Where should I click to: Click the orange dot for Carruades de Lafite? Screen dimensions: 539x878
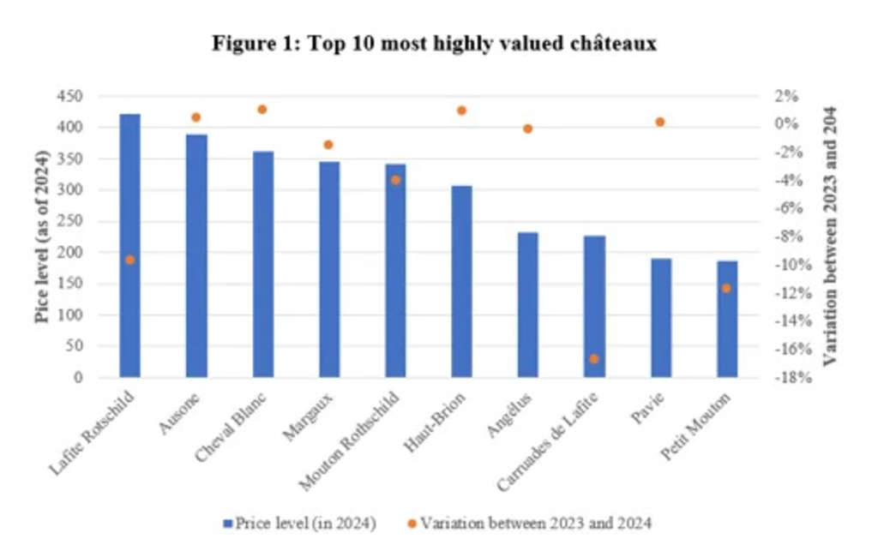[x=594, y=358]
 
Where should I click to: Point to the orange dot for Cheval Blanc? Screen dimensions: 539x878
[x=262, y=109]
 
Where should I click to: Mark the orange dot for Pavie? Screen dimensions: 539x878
[x=660, y=122]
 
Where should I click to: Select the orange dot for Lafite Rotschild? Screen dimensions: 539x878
[x=129, y=259]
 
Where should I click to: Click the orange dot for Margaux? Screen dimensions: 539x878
[x=328, y=144]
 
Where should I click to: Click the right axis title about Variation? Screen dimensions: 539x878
[x=829, y=237]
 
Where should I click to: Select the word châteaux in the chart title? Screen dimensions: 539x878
[x=611, y=44]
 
